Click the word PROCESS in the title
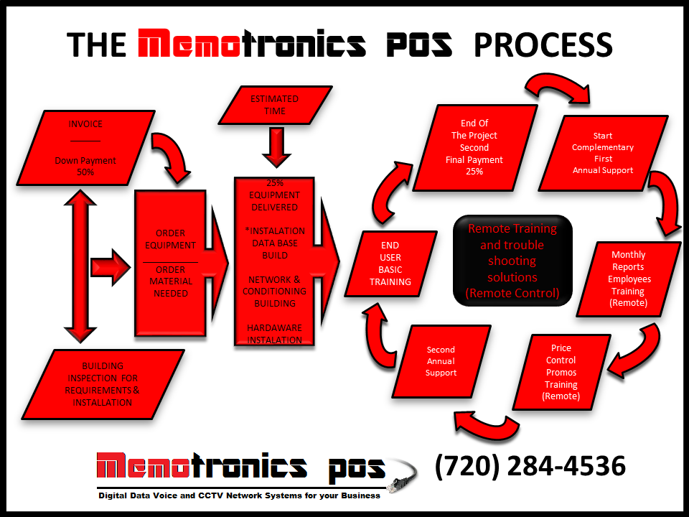543,45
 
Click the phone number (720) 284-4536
530,466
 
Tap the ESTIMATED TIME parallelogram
275,105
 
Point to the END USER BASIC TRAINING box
390,264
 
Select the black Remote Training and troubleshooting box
512,260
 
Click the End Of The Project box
474,147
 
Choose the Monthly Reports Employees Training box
628,279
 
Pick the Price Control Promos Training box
561,372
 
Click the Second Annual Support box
441,362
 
